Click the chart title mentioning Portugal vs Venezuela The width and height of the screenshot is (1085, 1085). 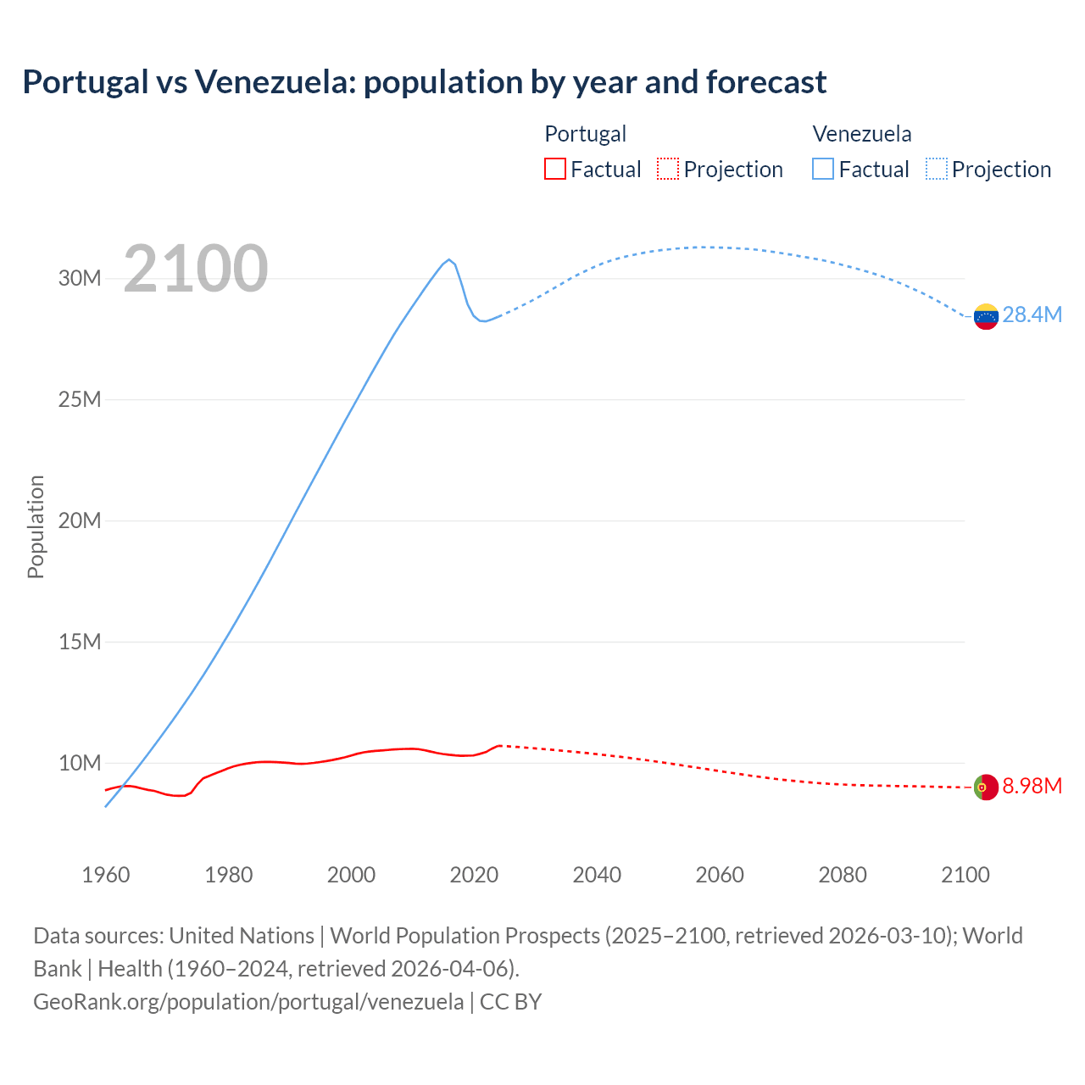click(x=424, y=82)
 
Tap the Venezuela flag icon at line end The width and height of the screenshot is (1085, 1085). click(x=986, y=316)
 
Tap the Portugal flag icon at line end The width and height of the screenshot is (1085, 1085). click(x=986, y=787)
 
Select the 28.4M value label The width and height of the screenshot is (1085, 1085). click(x=1032, y=315)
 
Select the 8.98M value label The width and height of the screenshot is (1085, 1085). click(x=1032, y=787)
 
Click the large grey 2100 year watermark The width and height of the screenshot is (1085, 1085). click(x=196, y=270)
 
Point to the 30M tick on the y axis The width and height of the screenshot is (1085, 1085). click(x=80, y=279)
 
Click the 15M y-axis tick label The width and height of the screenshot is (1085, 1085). click(x=80, y=643)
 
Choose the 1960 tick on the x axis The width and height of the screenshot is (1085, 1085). click(x=106, y=875)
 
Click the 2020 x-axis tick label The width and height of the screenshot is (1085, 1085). click(x=474, y=875)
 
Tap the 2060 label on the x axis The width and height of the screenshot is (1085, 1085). click(x=720, y=875)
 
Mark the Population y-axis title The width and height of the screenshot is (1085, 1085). click(x=36, y=526)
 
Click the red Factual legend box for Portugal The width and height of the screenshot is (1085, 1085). click(x=554, y=170)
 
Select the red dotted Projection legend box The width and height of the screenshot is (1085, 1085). click(x=668, y=170)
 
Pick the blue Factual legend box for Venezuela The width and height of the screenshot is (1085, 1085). click(x=822, y=170)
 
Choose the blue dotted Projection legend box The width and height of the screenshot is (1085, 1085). click(x=936, y=170)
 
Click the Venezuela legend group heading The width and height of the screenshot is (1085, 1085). click(x=861, y=134)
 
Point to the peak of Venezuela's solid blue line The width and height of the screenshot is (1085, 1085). click(x=448, y=259)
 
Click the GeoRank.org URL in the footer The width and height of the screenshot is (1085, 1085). click(x=248, y=1002)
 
